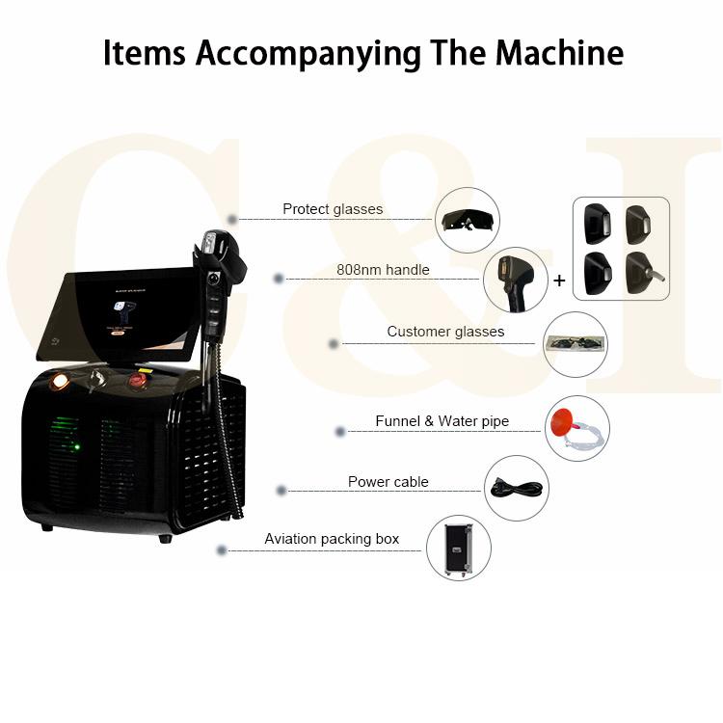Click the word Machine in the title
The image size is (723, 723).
(x=559, y=53)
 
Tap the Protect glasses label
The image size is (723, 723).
(x=333, y=209)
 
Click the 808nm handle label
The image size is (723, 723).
(x=383, y=269)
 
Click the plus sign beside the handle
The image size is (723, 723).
(x=559, y=281)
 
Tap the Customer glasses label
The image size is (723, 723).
(x=445, y=332)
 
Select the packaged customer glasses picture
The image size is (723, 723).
(x=575, y=344)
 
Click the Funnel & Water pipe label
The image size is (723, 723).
(x=442, y=421)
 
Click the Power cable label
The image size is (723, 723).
(x=388, y=482)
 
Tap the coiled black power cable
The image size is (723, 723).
(x=517, y=488)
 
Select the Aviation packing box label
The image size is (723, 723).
(x=332, y=539)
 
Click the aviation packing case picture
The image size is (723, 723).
(x=458, y=549)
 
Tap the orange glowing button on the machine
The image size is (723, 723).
(x=60, y=381)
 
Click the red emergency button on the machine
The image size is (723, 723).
(x=138, y=380)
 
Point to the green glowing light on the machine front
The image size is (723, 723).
(x=76, y=446)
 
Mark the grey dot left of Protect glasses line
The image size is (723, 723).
(x=232, y=220)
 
